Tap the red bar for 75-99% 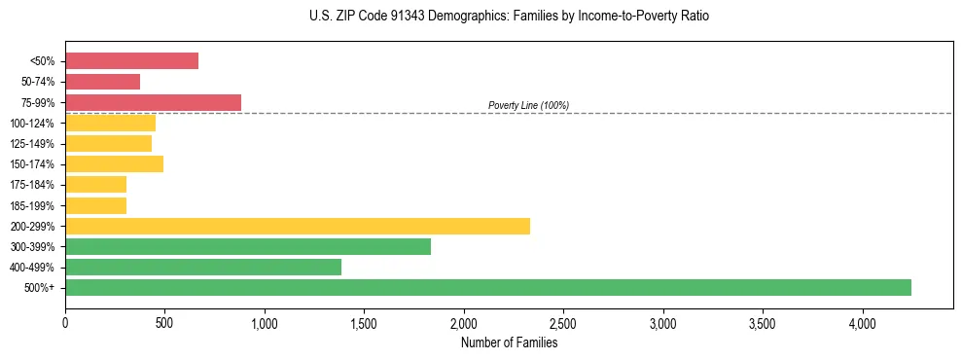[153, 102]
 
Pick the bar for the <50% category [131, 61]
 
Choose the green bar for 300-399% [248, 246]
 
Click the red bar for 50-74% [102, 82]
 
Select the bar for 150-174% [114, 163]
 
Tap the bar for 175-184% [95, 184]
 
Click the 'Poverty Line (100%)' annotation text [528, 105]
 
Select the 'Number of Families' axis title [509, 342]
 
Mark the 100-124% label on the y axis [33, 124]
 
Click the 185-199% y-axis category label [33, 205]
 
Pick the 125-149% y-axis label [33, 144]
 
